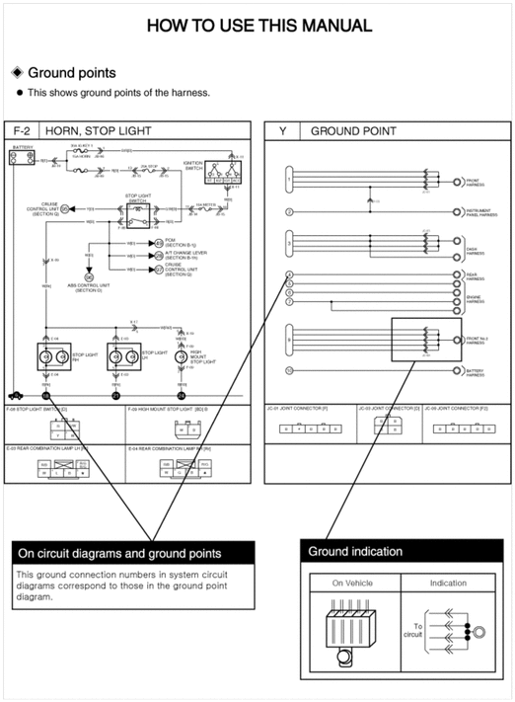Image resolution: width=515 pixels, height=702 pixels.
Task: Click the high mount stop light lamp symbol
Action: (182, 356)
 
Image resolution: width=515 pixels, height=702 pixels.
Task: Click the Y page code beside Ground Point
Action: (282, 130)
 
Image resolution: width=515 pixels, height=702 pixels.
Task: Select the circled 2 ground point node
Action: (288, 211)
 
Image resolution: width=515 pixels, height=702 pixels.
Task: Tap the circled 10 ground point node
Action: (288, 370)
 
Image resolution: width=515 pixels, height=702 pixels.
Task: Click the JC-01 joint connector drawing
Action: (297, 428)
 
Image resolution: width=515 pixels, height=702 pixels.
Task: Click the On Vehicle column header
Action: (353, 583)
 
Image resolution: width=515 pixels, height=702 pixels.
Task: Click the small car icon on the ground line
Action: (18, 394)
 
